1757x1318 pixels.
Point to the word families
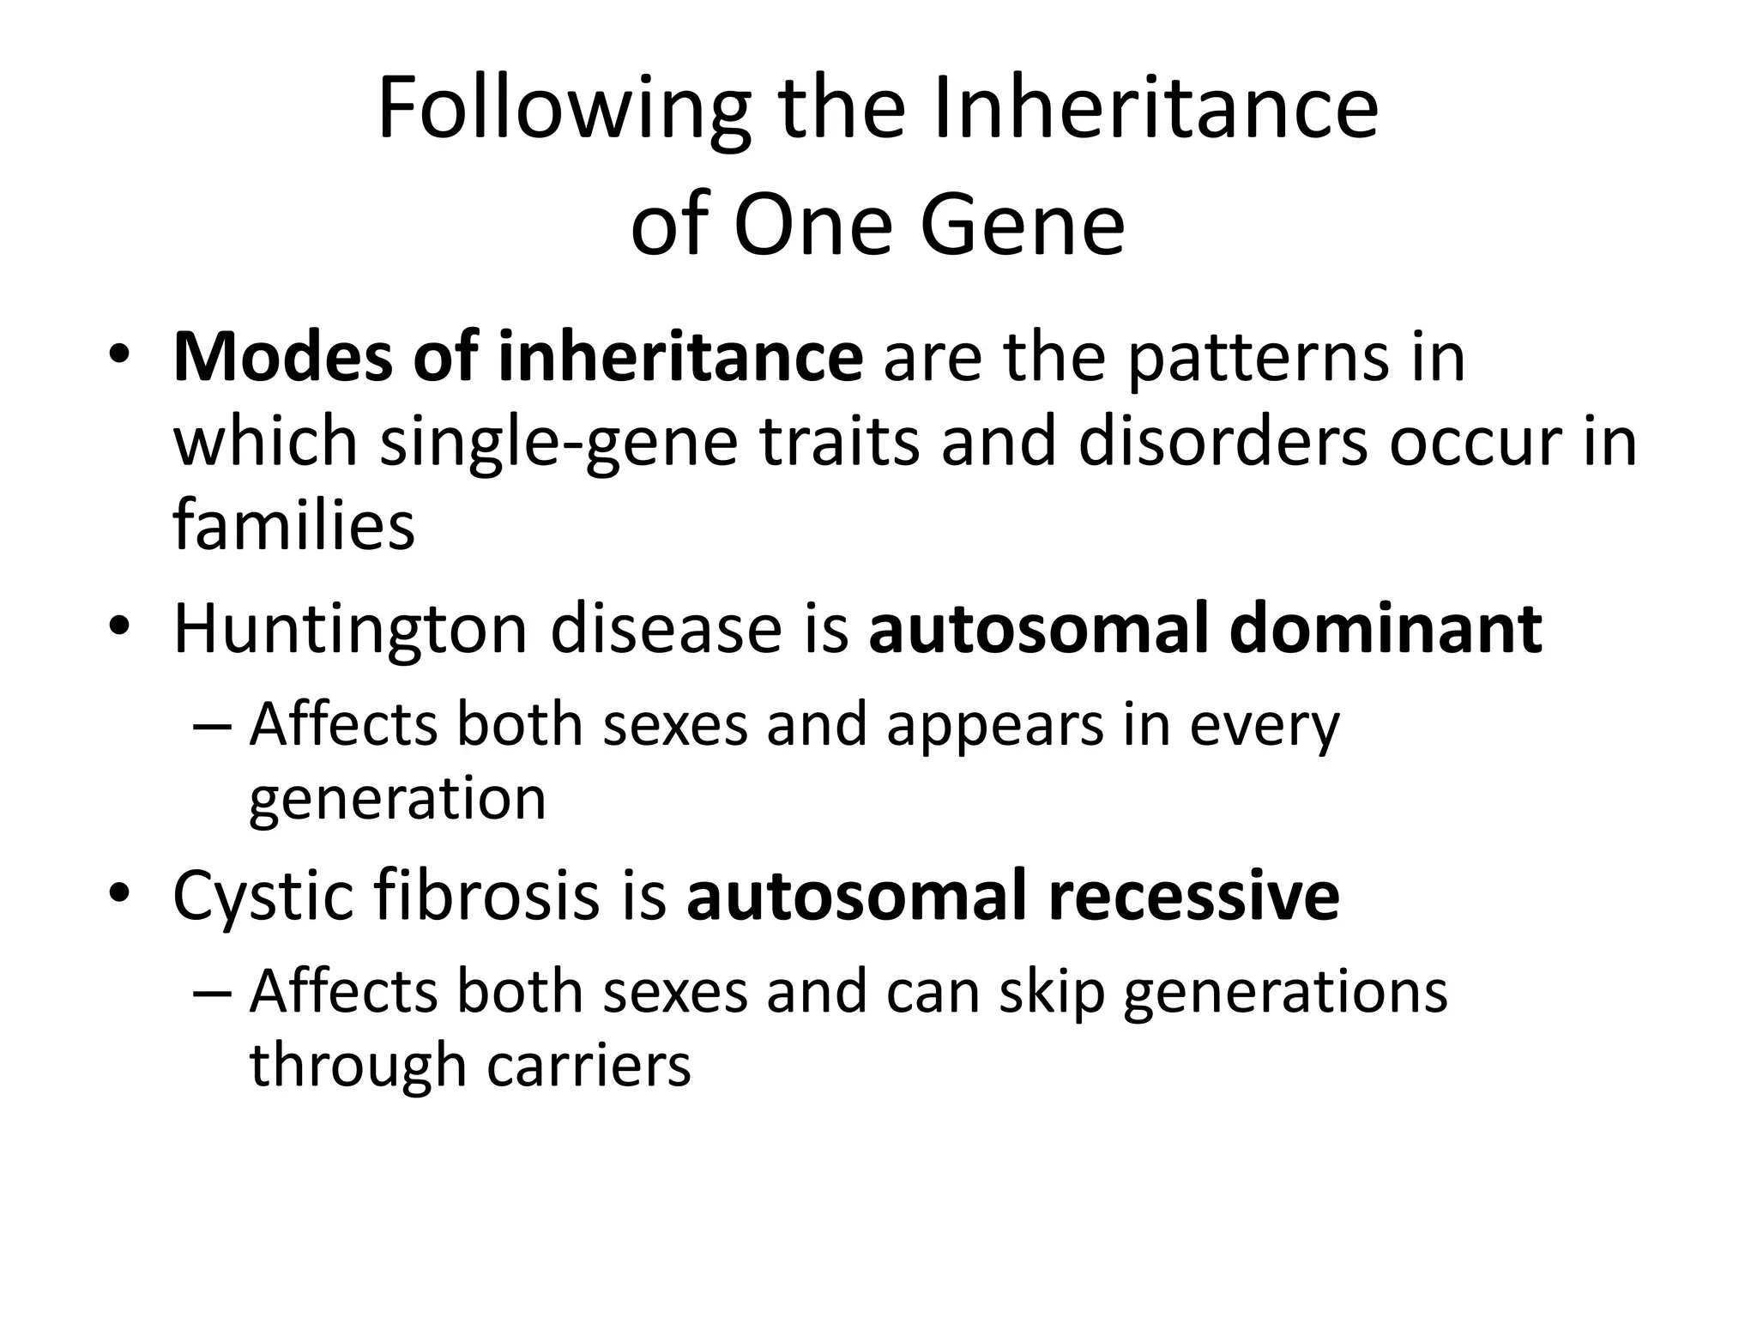click(293, 525)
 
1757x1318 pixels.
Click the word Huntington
click(350, 631)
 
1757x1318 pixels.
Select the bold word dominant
click(1386, 631)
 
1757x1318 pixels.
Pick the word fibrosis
click(485, 897)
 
